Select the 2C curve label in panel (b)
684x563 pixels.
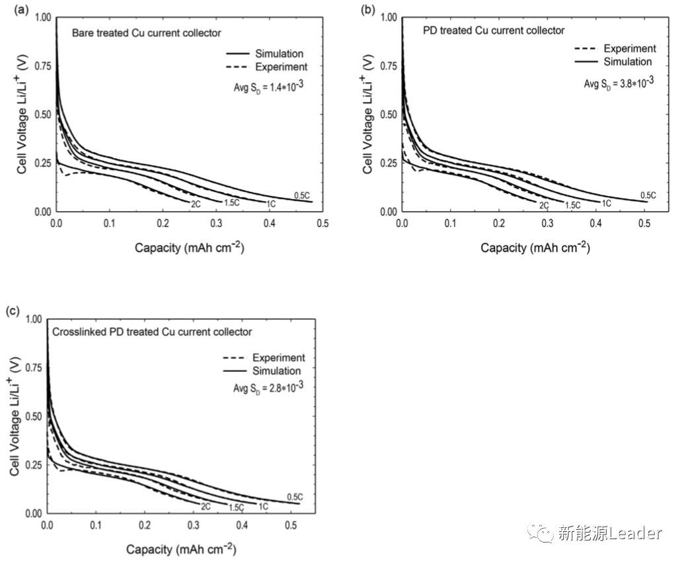click(x=544, y=206)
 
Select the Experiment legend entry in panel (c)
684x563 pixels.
click(x=278, y=358)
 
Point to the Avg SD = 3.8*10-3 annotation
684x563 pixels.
click(x=619, y=83)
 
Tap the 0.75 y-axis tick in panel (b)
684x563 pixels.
click(x=385, y=66)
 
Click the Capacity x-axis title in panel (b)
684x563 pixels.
click(x=535, y=248)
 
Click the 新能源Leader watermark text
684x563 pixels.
click(x=609, y=532)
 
